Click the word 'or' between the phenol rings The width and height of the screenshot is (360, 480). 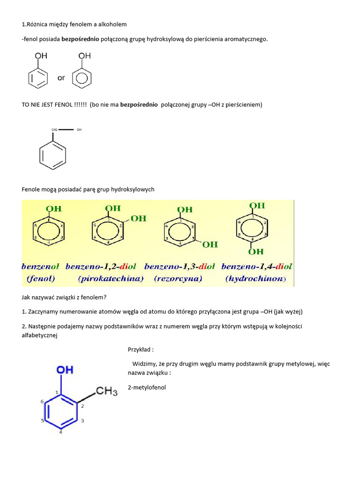point(61,78)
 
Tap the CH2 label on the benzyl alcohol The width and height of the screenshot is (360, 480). point(54,129)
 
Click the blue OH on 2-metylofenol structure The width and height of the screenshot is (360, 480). point(65,370)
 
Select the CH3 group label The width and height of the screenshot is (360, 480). point(107,391)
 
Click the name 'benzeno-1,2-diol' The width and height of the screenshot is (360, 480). point(101,267)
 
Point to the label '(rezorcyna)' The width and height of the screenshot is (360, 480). point(178,278)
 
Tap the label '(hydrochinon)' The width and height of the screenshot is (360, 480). point(255,278)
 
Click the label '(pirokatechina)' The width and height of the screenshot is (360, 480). point(111,278)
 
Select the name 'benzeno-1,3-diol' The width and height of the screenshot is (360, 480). point(180,267)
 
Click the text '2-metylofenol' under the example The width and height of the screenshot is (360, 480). point(147,388)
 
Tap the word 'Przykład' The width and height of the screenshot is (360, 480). point(139,349)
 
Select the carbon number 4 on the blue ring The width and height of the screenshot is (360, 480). point(60,432)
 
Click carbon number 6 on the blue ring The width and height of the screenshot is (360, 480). point(42,402)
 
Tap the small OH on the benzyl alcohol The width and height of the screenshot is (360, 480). point(79,129)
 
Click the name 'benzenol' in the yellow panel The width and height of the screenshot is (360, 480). point(40,267)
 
